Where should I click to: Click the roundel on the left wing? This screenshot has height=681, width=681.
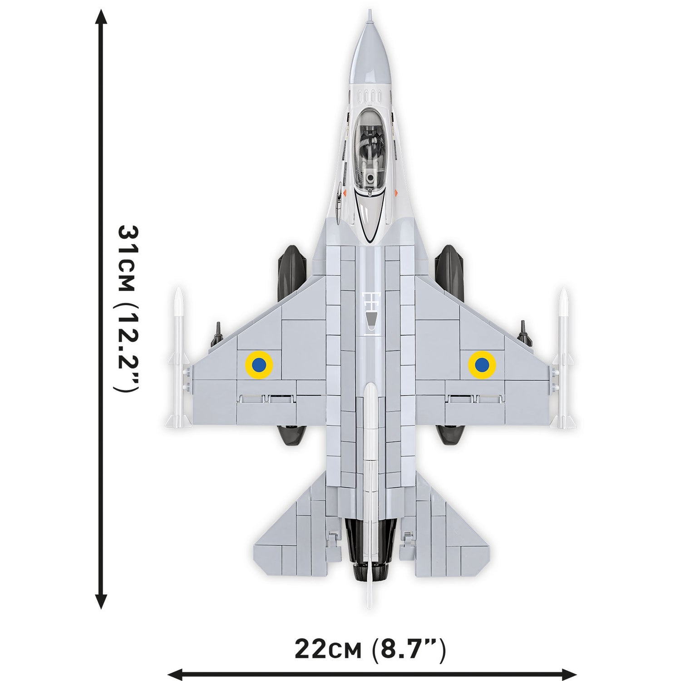tap(259, 363)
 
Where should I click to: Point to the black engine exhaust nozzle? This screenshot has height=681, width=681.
tap(370, 545)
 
